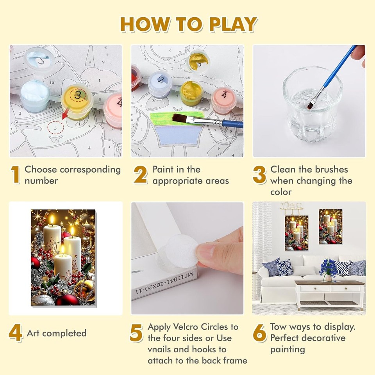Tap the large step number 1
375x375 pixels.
(15, 175)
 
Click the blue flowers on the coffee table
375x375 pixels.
(328, 268)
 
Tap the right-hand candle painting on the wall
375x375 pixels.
(330, 227)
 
